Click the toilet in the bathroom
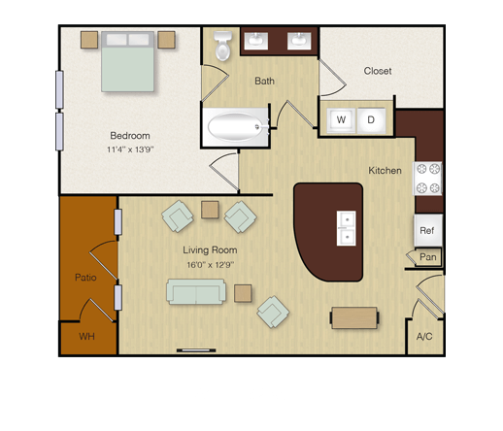click(x=222, y=46)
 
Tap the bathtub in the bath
click(x=235, y=127)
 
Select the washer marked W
click(x=341, y=120)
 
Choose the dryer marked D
click(x=371, y=120)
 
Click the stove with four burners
click(x=427, y=179)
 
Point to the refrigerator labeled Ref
click(x=428, y=230)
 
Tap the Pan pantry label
click(x=428, y=257)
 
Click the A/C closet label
click(x=424, y=337)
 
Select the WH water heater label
click(x=86, y=337)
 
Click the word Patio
click(x=85, y=278)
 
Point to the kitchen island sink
click(x=347, y=228)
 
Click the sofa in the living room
click(x=196, y=291)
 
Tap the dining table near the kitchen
click(x=354, y=317)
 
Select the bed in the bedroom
click(x=127, y=61)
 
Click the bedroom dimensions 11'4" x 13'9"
click(x=130, y=149)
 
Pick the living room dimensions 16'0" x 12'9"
click(x=211, y=265)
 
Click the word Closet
click(x=378, y=71)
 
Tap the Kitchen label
click(x=385, y=171)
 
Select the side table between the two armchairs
click(x=210, y=210)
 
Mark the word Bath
click(x=264, y=81)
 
